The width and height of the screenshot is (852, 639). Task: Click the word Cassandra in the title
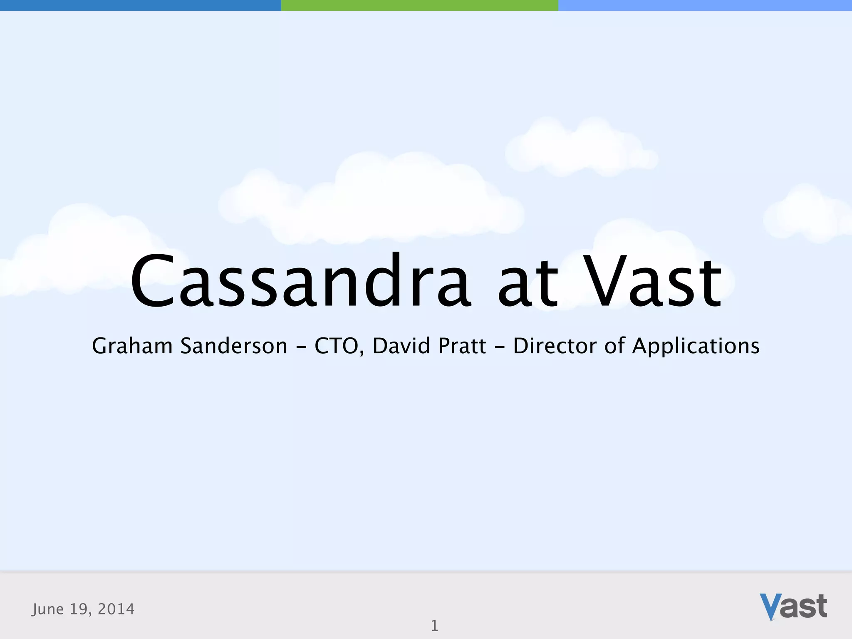tap(300, 282)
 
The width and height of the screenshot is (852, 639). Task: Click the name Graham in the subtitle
tap(132, 346)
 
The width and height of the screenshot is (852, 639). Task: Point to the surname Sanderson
tap(233, 346)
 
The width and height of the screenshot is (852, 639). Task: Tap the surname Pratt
tap(462, 346)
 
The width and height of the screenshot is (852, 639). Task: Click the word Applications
tap(696, 346)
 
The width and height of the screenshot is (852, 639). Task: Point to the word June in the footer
tap(47, 609)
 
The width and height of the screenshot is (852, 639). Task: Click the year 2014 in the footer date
tap(116, 609)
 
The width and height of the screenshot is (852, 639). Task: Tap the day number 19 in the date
tap(78, 609)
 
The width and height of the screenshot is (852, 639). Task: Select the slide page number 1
tap(434, 626)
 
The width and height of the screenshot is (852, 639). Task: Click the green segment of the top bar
tap(419, 5)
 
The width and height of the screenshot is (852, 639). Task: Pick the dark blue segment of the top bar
tap(140, 5)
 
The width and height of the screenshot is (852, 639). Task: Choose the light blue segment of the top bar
tap(705, 5)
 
